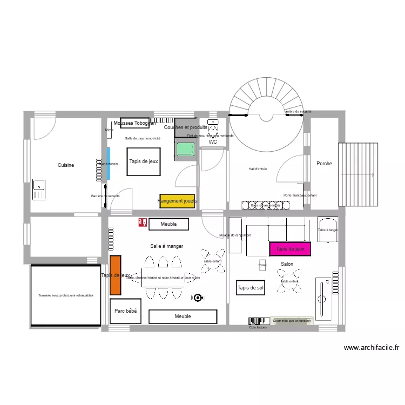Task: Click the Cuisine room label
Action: click(x=66, y=165)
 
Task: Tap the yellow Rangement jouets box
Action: click(x=177, y=201)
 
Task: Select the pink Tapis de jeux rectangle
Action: click(x=290, y=249)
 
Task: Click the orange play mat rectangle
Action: click(x=114, y=275)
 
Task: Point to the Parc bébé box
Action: click(x=125, y=311)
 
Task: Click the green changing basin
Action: click(x=185, y=148)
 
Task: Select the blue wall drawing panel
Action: click(x=109, y=164)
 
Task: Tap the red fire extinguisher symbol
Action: click(x=142, y=222)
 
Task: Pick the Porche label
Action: click(x=324, y=164)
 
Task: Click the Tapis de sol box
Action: click(x=251, y=288)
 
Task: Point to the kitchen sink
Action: click(x=39, y=188)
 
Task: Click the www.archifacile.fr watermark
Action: click(x=371, y=348)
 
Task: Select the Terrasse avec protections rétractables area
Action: click(x=66, y=295)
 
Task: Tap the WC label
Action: click(x=213, y=142)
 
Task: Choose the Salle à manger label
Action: click(x=166, y=246)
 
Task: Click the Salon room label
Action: click(x=287, y=264)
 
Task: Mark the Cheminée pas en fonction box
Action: click(x=292, y=321)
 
